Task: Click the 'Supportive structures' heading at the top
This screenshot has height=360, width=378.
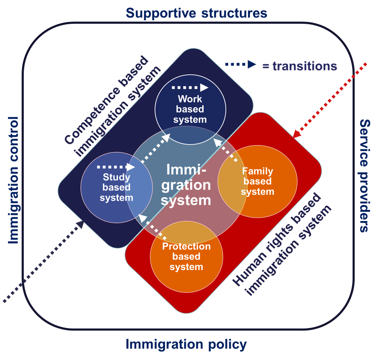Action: [x=196, y=13]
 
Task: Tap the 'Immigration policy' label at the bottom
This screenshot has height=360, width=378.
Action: [x=186, y=344]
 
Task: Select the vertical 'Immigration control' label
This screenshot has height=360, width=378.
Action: [x=13, y=180]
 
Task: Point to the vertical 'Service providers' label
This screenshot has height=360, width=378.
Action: [x=364, y=176]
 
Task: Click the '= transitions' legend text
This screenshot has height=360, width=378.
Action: [x=300, y=66]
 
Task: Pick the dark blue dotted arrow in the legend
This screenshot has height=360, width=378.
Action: [x=241, y=65]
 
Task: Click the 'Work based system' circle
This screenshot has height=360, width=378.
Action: [x=190, y=109]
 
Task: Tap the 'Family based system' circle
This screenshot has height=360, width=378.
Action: [x=258, y=181]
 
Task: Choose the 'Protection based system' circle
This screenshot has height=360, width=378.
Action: [x=186, y=257]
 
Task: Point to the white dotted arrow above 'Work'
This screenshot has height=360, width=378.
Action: [x=190, y=88]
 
